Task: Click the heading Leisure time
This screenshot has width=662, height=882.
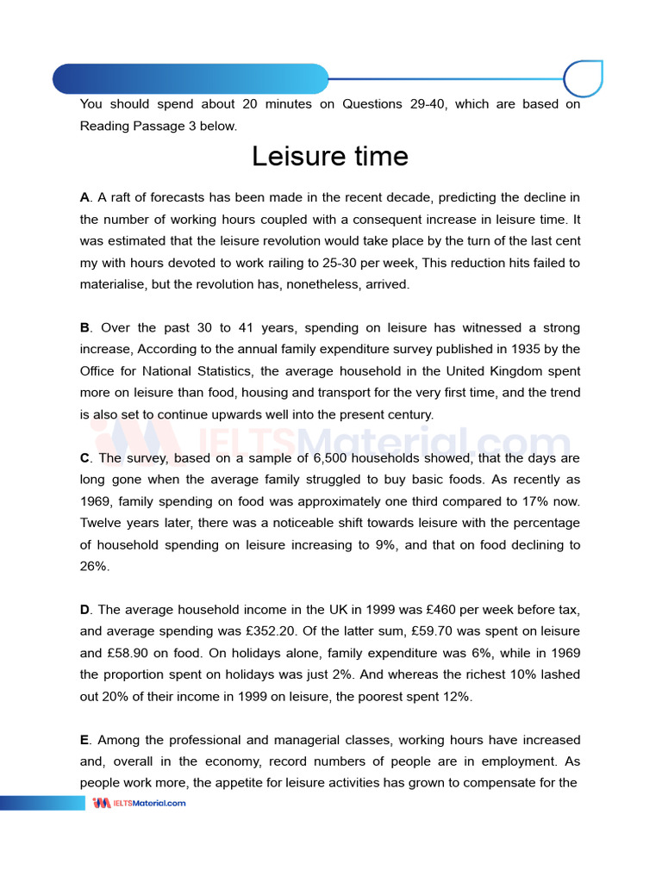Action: pos(330,157)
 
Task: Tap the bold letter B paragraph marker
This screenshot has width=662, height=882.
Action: pos(84,328)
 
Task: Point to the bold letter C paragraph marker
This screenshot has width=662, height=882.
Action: pos(84,458)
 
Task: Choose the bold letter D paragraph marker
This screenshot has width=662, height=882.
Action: pos(84,610)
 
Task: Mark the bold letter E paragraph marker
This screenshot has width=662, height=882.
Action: pos(84,740)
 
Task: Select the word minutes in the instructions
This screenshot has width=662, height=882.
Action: pos(264,104)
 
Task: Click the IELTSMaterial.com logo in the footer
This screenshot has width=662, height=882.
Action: pos(139,803)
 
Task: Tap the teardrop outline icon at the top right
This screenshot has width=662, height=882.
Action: pos(583,79)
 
